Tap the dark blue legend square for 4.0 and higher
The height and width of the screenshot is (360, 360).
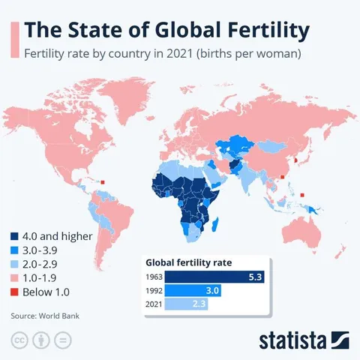[16, 236]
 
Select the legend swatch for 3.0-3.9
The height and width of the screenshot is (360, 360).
[16, 250]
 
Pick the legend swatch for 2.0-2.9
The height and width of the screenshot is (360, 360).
[16, 263]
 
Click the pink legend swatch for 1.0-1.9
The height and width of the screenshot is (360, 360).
[16, 277]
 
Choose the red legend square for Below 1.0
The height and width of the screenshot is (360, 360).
[16, 291]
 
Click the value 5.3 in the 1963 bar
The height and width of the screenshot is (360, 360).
[256, 277]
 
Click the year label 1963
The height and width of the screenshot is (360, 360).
[153, 277]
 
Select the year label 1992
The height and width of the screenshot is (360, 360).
[153, 291]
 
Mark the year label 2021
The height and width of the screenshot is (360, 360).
[153, 304]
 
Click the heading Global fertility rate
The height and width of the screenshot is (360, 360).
[188, 262]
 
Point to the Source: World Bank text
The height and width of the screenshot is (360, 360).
[44, 316]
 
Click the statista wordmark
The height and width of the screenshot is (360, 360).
[294, 340]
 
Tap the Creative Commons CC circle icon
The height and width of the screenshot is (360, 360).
[19, 340]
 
